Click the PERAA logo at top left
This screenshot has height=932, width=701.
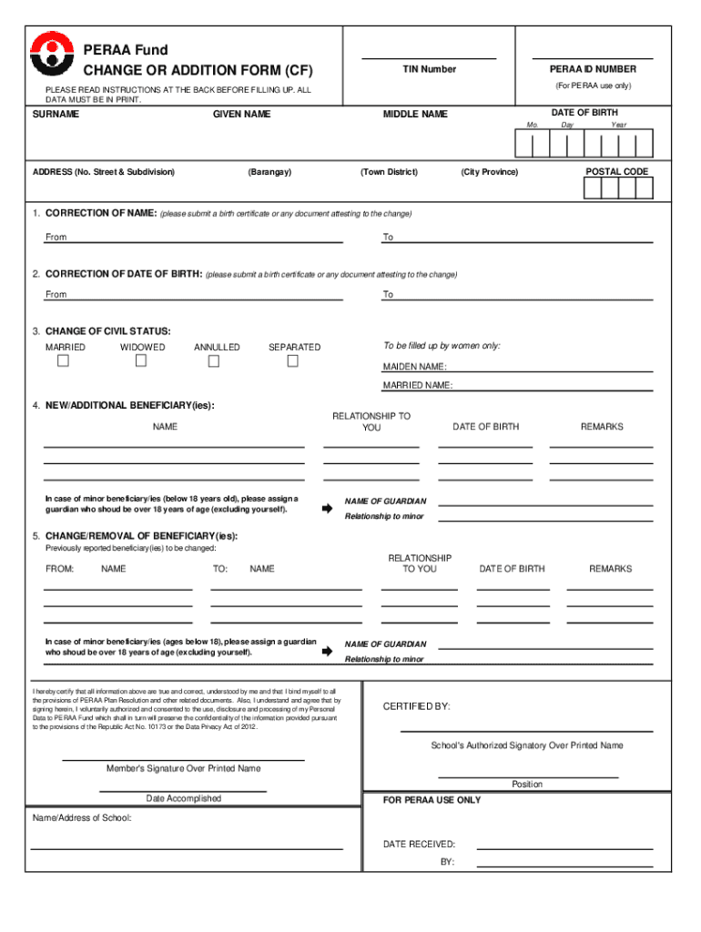pyautogui.click(x=50, y=56)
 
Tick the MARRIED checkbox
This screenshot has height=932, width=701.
pyautogui.click(x=63, y=361)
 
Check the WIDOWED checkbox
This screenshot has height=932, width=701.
pyautogui.click(x=141, y=361)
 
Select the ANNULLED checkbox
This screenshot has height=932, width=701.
pyautogui.click(x=214, y=361)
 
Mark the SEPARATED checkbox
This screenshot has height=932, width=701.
pyautogui.click(x=292, y=361)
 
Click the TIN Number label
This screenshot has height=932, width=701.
pyautogui.click(x=429, y=69)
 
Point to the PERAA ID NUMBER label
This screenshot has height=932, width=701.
pyautogui.click(x=593, y=69)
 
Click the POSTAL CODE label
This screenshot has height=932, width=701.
pyautogui.click(x=616, y=171)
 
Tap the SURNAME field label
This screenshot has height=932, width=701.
pyautogui.click(x=56, y=114)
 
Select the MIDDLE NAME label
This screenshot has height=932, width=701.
pyautogui.click(x=415, y=114)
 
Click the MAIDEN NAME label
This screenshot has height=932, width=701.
pyautogui.click(x=414, y=367)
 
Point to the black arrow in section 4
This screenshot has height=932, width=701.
pyautogui.click(x=328, y=509)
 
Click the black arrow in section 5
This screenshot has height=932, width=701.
pyautogui.click(x=328, y=652)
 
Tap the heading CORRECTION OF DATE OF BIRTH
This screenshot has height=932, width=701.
pyautogui.click(x=124, y=274)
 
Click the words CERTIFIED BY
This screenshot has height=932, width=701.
pyautogui.click(x=416, y=706)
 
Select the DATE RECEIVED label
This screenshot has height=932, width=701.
pyautogui.click(x=419, y=845)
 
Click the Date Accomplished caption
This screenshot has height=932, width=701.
pyautogui.click(x=183, y=798)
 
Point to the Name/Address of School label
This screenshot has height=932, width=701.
pyautogui.click(x=82, y=817)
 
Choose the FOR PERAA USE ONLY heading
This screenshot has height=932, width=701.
pyautogui.click(x=432, y=800)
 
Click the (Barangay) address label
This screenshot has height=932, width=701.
pyautogui.click(x=269, y=172)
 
